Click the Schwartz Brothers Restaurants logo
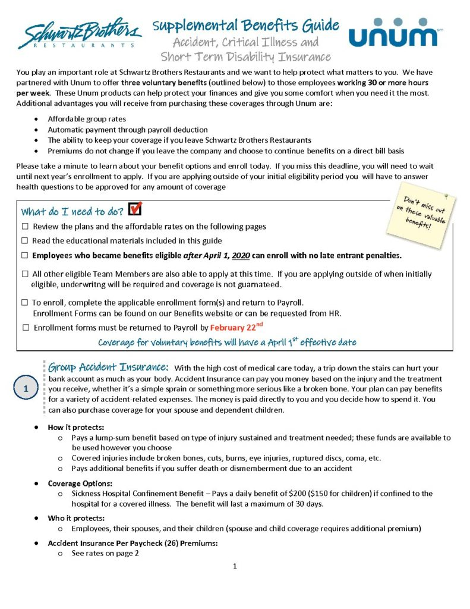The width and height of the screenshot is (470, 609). pyautogui.click(x=80, y=33)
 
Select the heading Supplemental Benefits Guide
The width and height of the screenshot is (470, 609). pyautogui.click(x=245, y=26)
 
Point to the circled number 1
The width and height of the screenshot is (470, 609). pyautogui.click(x=26, y=388)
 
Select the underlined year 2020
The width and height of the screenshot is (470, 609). pyautogui.click(x=241, y=256)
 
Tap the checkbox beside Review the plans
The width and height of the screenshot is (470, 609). pyautogui.click(x=25, y=227)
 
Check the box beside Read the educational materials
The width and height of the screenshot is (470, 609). pyautogui.click(x=25, y=241)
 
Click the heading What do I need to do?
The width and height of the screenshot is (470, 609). pyautogui.click(x=72, y=212)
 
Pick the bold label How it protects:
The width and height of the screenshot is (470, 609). pyautogui.click(x=75, y=428)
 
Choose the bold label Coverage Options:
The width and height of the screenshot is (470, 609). pyautogui.click(x=80, y=484)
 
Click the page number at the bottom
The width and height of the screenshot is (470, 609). pyautogui.click(x=235, y=566)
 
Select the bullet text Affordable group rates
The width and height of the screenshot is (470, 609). pyautogui.click(x=87, y=119)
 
